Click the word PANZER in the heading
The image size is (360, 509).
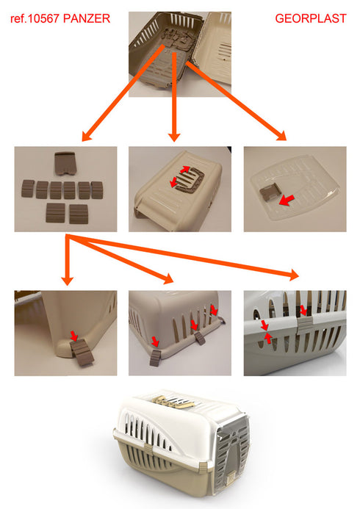point(87,18)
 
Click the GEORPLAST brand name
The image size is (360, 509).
point(311,18)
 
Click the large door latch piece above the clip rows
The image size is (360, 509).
point(66,163)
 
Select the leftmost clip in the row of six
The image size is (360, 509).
point(28,189)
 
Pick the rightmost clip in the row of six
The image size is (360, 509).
point(97,190)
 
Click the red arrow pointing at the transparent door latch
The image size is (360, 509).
point(287,201)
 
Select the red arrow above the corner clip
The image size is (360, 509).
point(74,336)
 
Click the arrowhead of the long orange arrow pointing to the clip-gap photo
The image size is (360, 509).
point(293,275)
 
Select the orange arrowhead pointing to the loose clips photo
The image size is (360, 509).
point(87,136)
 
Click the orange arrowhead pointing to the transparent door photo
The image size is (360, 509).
point(281,135)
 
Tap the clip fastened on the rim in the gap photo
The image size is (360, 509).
point(304,322)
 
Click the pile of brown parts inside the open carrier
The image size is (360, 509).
point(178,37)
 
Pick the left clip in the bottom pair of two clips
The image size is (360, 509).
point(56,213)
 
